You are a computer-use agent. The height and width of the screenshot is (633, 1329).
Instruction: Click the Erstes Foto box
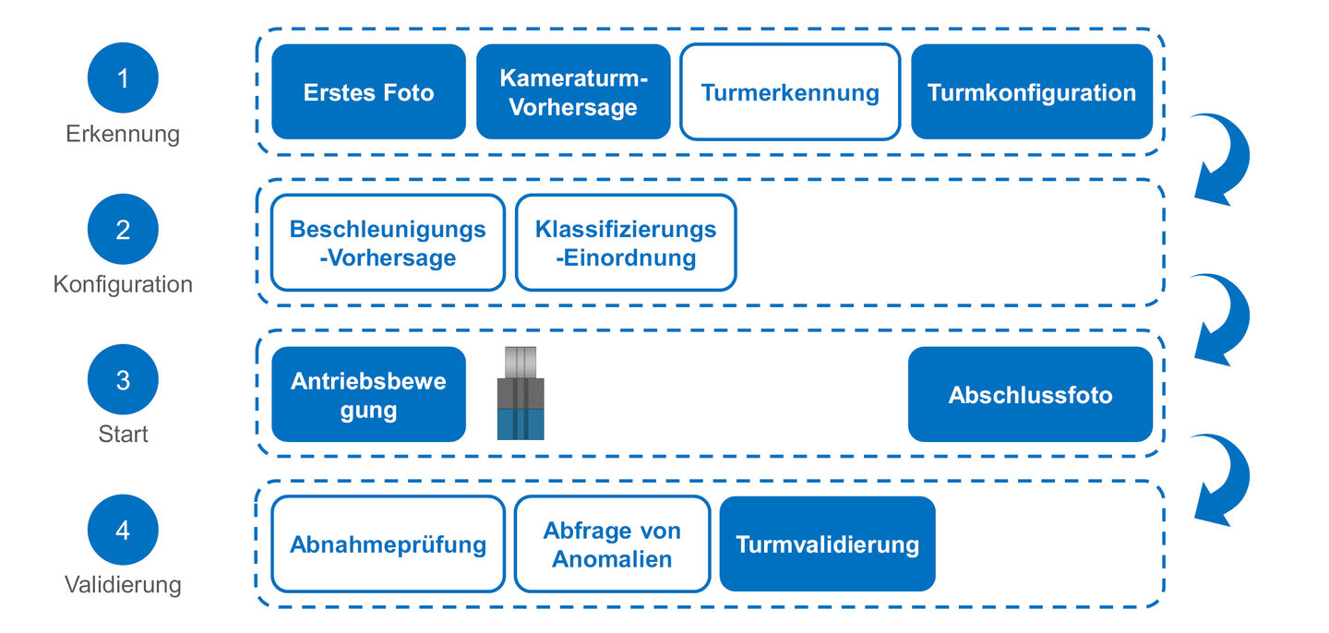[x=368, y=92]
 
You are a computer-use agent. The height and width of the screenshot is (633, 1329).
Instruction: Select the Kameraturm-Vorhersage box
[x=573, y=92]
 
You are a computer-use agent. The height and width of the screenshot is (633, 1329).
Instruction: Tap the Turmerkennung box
[x=790, y=92]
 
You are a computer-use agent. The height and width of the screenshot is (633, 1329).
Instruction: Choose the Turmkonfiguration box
[x=1032, y=92]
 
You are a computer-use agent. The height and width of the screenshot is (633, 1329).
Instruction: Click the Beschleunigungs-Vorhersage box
[x=388, y=243]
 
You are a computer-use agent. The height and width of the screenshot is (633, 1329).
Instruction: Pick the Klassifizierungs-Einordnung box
[x=626, y=243]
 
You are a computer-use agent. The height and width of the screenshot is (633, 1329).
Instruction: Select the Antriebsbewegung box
[x=368, y=395]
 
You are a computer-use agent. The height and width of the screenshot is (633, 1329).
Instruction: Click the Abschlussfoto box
[x=1030, y=395]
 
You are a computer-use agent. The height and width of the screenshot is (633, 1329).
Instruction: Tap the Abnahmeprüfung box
[x=388, y=544]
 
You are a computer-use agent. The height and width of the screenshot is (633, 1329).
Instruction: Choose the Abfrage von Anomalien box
[x=612, y=544]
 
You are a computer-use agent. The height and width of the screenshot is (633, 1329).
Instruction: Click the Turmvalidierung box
[x=827, y=544]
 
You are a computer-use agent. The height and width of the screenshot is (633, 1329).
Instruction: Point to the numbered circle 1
[x=123, y=78]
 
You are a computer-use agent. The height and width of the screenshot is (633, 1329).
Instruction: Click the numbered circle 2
[x=123, y=229]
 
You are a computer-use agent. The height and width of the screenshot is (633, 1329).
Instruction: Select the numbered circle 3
[x=123, y=379]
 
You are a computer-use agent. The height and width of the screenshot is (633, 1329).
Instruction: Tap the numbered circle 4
[x=123, y=531]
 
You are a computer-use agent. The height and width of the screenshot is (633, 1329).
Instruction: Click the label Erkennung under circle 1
[x=123, y=134]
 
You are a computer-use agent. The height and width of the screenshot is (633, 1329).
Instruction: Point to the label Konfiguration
[x=123, y=284]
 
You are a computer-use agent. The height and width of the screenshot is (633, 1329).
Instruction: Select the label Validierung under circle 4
[x=123, y=585]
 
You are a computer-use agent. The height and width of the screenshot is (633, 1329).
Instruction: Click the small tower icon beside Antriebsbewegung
[x=521, y=393]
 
